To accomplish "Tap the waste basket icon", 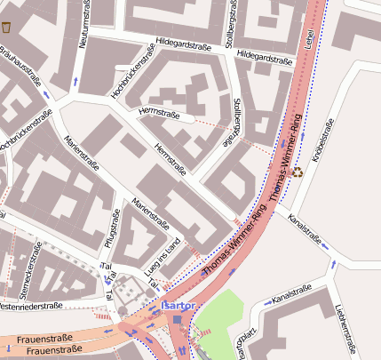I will (x=8, y=28).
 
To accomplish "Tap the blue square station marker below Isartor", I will (x=179, y=320).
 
